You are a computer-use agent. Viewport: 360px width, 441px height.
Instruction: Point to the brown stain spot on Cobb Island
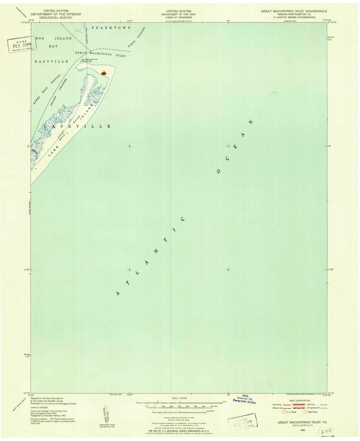pyautogui.click(x=104, y=73)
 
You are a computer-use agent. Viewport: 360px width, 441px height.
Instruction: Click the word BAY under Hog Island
pyautogui.click(x=53, y=46)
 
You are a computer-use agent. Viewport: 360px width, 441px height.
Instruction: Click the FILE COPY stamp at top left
pyautogui.click(x=21, y=44)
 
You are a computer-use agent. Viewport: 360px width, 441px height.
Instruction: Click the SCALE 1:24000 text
pyautogui.click(x=179, y=398)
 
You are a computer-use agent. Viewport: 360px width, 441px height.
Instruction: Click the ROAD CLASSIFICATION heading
pyautogui.click(x=295, y=400)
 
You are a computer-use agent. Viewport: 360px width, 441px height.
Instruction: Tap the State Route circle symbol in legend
pyautogui.click(x=305, y=412)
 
